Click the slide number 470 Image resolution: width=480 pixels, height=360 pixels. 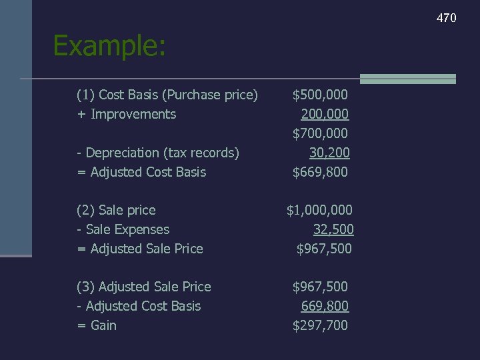[x=446, y=18]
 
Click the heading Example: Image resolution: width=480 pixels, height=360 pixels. [x=109, y=46]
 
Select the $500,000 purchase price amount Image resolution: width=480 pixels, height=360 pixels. [x=320, y=95]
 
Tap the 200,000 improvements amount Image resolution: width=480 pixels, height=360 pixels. [x=325, y=115]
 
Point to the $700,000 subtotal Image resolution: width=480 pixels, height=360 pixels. [x=320, y=134]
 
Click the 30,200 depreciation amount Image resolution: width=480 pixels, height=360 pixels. [x=329, y=153]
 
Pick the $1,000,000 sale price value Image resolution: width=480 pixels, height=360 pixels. [x=319, y=211]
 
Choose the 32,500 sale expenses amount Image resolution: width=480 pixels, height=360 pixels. [x=333, y=230]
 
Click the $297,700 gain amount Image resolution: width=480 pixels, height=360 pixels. [x=320, y=326]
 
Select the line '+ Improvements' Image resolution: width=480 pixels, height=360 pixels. [x=127, y=115]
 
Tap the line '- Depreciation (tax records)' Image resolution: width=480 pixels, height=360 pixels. [x=158, y=153]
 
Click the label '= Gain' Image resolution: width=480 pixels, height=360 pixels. [x=97, y=326]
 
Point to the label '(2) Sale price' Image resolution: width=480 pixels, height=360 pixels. [x=116, y=211]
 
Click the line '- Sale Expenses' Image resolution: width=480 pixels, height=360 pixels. [x=123, y=230]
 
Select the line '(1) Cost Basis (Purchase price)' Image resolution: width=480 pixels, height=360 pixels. [x=167, y=95]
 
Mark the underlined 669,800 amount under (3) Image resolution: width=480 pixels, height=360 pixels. [x=325, y=307]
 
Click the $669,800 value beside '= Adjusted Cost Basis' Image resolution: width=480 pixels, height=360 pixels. [x=320, y=173]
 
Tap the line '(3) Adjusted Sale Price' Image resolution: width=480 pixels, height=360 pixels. [x=144, y=287]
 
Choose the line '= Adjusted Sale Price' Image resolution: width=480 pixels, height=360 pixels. [x=140, y=249]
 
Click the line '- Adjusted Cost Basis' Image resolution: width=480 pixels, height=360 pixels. [x=139, y=307]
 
